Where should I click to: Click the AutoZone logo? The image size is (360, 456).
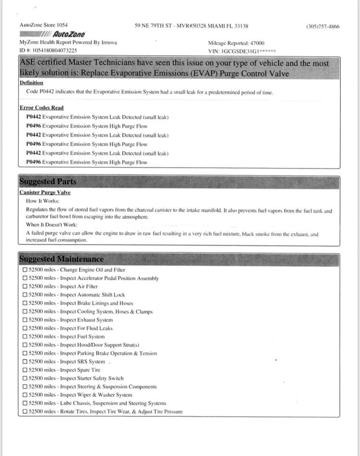click(x=53, y=34)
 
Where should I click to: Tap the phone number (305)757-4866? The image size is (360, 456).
click(x=323, y=26)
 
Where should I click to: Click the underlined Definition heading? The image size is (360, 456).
click(x=31, y=83)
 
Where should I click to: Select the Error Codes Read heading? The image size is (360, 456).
click(x=42, y=108)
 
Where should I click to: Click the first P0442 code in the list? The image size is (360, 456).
click(x=34, y=117)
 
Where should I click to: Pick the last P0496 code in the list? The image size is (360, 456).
click(x=34, y=163)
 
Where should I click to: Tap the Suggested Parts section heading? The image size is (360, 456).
click(x=48, y=182)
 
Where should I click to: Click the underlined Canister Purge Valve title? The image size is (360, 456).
click(x=45, y=192)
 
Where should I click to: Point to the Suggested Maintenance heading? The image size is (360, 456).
click(x=61, y=259)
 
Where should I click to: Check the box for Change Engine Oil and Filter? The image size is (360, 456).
click(x=25, y=270)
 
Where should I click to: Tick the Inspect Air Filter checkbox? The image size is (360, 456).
click(x=25, y=287)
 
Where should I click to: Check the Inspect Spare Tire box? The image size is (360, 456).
click(x=25, y=370)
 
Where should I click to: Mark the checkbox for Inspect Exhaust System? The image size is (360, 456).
click(x=25, y=320)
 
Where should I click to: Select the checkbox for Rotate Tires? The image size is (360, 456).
click(x=25, y=412)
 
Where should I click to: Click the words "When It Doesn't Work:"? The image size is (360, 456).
click(x=51, y=225)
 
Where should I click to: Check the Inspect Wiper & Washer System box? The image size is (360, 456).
click(x=25, y=395)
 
